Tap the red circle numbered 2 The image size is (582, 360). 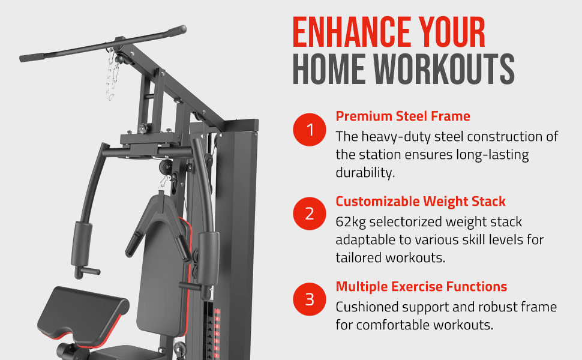point(310,214)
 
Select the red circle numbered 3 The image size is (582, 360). point(310,299)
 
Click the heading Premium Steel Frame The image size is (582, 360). point(403,116)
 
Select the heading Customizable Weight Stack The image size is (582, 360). point(421,201)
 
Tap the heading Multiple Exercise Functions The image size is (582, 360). point(421,286)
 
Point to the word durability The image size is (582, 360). point(364,173)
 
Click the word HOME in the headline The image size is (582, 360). point(325,70)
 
